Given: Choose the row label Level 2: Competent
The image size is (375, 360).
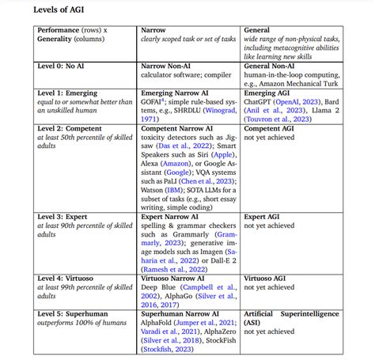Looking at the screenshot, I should pyautogui.click(x=74, y=127).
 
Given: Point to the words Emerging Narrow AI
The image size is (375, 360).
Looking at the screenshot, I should pyautogui.click(x=178, y=93).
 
